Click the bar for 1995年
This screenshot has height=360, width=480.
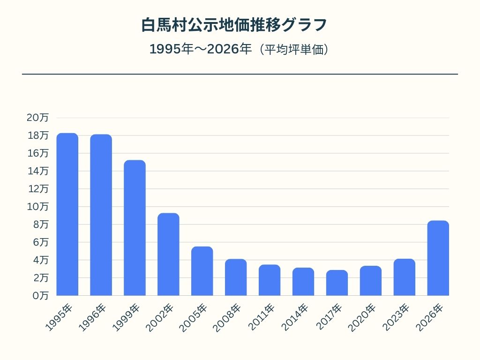tap(67, 214)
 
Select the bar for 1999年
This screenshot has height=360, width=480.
tap(135, 228)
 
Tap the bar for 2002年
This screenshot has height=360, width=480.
tap(168, 254)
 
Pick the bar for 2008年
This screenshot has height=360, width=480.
tap(236, 277)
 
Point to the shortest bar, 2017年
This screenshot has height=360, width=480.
tap(337, 283)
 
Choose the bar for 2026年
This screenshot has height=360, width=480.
tap(438, 258)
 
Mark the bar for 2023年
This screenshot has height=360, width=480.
tap(405, 277)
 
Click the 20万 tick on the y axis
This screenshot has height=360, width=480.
tap(37, 118)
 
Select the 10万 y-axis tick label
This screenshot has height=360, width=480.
tap(37, 207)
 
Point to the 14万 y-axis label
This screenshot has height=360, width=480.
tap(37, 171)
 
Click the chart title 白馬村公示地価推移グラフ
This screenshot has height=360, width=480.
tap(234, 25)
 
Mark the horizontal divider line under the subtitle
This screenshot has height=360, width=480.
tap(240, 74)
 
